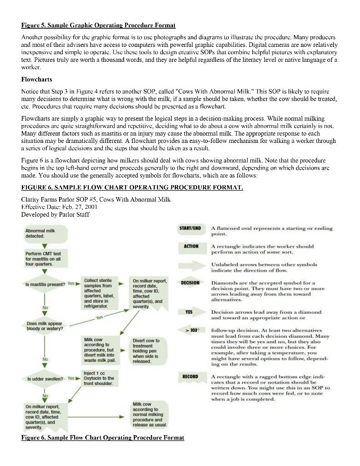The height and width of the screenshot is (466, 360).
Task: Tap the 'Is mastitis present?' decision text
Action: [45, 283]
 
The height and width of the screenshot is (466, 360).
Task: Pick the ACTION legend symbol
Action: [191, 246]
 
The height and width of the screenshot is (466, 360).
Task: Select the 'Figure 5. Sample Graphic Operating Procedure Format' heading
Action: [98, 25]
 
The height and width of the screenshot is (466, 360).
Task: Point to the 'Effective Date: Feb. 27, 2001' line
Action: [60, 206]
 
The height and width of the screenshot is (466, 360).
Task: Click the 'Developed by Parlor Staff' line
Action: [55, 214]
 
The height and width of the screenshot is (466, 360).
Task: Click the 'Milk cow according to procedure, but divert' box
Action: [101, 350]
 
